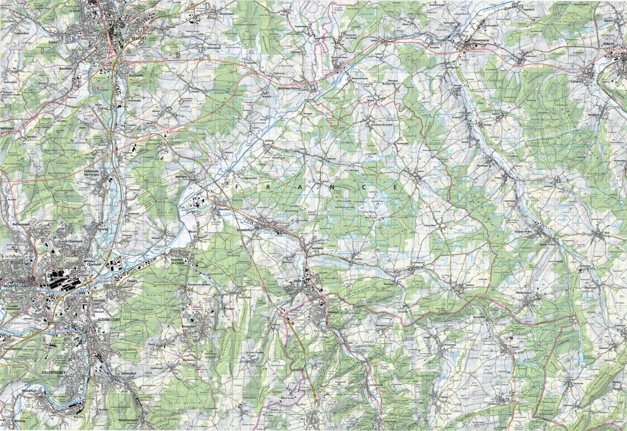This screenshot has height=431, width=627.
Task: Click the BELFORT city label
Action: [137, 38]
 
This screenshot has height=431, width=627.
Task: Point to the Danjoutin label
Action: [137, 76]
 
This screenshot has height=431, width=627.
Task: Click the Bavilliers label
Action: [67, 68]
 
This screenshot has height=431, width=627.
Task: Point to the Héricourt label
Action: [7, 127]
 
